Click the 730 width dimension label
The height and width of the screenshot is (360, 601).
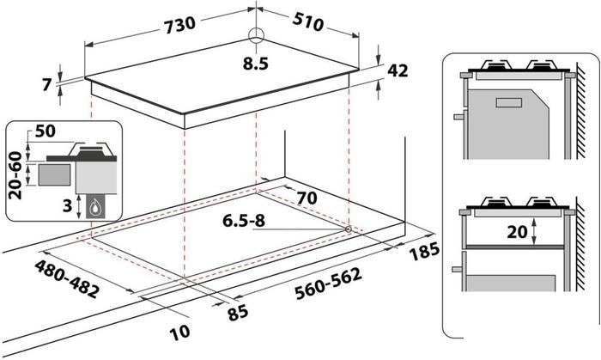point(179,26)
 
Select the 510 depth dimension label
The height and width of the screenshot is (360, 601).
point(307,22)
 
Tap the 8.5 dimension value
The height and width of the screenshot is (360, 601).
point(255,64)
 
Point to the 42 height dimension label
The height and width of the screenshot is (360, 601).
point(398,71)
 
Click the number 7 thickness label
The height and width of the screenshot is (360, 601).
point(46,84)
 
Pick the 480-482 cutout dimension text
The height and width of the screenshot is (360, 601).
point(67,279)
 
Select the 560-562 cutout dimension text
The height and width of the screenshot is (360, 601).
point(329,284)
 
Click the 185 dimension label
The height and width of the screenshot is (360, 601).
point(424,252)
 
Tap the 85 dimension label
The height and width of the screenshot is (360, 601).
point(238,314)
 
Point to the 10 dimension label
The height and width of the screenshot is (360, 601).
point(180,332)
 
